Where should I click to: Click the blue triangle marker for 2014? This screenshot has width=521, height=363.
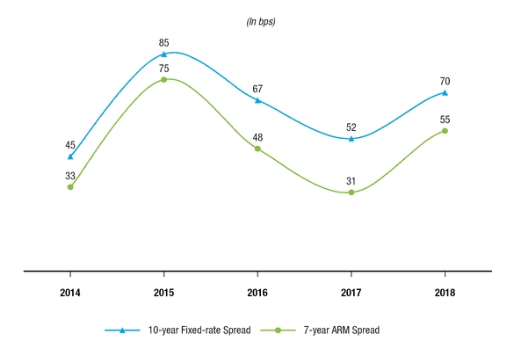(70, 156)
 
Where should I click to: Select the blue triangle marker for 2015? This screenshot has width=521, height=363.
(163, 54)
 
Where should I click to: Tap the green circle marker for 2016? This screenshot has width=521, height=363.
(257, 149)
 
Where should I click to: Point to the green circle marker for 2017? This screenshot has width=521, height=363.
(351, 192)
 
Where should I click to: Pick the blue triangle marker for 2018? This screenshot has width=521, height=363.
(445, 92)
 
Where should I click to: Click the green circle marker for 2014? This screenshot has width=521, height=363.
(70, 187)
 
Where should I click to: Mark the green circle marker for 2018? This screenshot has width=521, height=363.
(445, 131)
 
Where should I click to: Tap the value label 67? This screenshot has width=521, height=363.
(257, 88)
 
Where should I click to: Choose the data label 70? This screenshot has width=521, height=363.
(445, 81)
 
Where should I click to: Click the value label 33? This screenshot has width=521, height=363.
(70, 176)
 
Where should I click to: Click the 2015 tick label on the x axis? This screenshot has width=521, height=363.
(163, 290)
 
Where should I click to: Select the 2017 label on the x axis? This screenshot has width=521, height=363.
(351, 290)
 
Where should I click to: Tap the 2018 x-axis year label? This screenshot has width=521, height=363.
(445, 290)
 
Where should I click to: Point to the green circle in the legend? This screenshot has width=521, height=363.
(279, 330)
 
